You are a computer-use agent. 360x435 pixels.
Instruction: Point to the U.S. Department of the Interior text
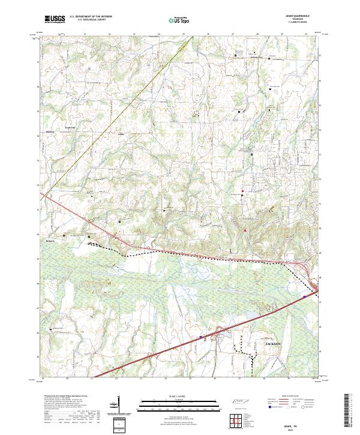[x=91, y=17]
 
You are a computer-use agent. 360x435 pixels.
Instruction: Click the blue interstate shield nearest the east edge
[x=305, y=296]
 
